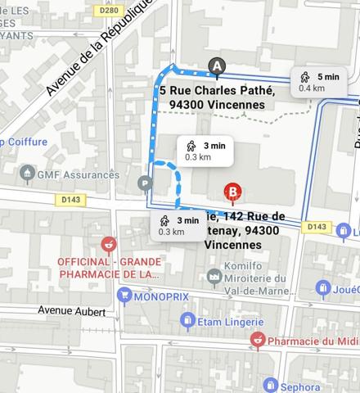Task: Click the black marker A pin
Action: (x=217, y=65)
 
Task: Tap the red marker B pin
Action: (x=233, y=192)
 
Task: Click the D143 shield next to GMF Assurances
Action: (x=70, y=199)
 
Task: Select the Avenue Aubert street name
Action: (x=72, y=311)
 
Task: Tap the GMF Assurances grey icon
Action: (x=28, y=174)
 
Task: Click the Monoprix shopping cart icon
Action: (x=125, y=295)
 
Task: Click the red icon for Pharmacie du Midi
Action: (x=257, y=340)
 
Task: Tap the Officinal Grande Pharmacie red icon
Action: (x=107, y=244)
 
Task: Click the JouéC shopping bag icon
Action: (x=323, y=288)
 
